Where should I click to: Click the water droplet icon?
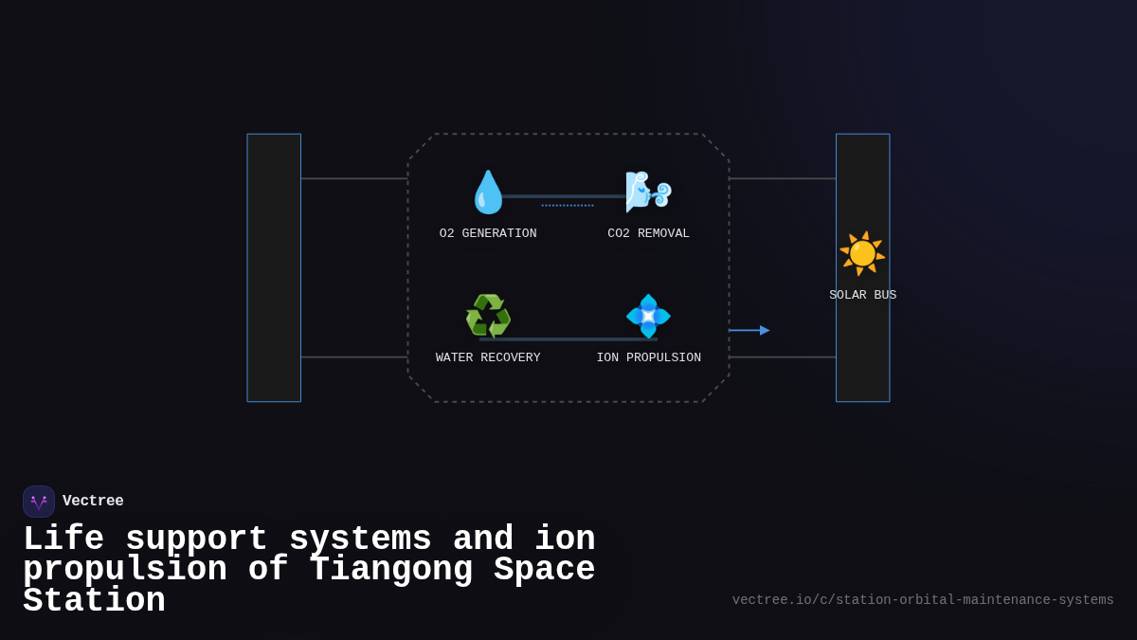[x=488, y=192]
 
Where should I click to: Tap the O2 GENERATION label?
[x=488, y=233]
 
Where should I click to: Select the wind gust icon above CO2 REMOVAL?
[x=649, y=192]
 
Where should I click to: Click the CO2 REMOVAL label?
[x=649, y=233]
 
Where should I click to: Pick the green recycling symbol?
[x=488, y=316]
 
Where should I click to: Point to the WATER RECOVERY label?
[x=488, y=357]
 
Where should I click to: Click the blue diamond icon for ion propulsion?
[x=649, y=316]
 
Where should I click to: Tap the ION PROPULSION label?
[x=649, y=357]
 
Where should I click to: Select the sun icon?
[x=862, y=253]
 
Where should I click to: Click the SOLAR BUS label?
[x=862, y=295]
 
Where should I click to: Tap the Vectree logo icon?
[x=39, y=502]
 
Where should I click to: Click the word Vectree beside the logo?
[x=93, y=501]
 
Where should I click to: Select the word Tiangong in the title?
[x=390, y=570]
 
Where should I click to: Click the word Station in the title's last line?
[x=94, y=601]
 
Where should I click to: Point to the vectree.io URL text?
[x=923, y=600]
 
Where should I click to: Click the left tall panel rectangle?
[x=274, y=267]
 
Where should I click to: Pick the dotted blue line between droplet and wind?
[x=568, y=205]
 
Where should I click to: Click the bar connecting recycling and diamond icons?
[x=568, y=339]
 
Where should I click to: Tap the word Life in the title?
[x=63, y=539]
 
